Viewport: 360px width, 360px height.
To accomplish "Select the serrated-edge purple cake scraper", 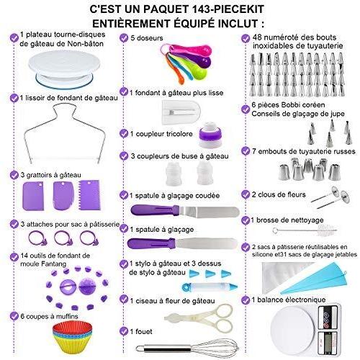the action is click(x=89, y=195).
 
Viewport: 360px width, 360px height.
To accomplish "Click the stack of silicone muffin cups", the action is click(x=72, y=337).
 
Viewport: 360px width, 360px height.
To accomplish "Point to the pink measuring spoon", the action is click(x=189, y=50).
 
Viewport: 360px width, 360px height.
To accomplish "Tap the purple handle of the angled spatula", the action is click(x=155, y=210).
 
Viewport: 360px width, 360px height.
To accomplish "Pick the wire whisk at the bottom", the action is click(x=187, y=348).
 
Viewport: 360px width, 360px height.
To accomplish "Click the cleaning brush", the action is click(x=305, y=230).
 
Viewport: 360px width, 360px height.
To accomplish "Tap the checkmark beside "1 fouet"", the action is click(x=124, y=331).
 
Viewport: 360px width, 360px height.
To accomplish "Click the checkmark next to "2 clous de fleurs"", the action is click(x=246, y=194).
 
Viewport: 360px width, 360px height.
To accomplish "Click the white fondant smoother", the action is click(x=181, y=112).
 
